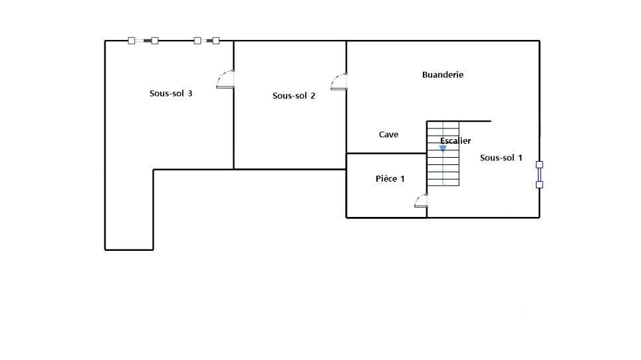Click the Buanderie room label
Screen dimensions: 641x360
pyautogui.click(x=443, y=75)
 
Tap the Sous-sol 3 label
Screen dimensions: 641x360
pyautogui.click(x=171, y=93)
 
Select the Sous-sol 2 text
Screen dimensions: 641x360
pyautogui.click(x=294, y=96)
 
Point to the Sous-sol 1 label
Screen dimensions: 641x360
pyautogui.click(x=501, y=158)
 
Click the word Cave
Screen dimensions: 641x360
pyautogui.click(x=388, y=134)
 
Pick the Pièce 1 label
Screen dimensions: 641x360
pyautogui.click(x=390, y=179)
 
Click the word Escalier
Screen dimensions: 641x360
pyautogui.click(x=455, y=140)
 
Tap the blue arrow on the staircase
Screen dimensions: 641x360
pyautogui.click(x=443, y=148)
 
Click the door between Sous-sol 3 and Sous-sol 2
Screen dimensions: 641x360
pyautogui.click(x=225, y=79)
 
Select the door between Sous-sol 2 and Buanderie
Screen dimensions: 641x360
pyautogui.click(x=339, y=81)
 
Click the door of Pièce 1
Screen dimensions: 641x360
pyautogui.click(x=421, y=200)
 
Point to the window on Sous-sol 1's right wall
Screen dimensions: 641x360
pyautogui.click(x=539, y=175)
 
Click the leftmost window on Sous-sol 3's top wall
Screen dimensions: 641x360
pyautogui.click(x=143, y=41)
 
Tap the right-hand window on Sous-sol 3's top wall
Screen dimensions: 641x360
pyautogui.click(x=206, y=41)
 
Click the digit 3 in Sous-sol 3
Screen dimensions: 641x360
pyautogui.click(x=190, y=93)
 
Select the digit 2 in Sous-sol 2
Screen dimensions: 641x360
pyautogui.click(x=313, y=96)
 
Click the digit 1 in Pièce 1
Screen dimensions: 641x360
pyautogui.click(x=402, y=179)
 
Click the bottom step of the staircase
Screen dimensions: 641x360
pyautogui.click(x=443, y=182)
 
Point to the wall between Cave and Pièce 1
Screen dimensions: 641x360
pyautogui.click(x=386, y=154)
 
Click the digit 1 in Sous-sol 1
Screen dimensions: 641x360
pyautogui.click(x=520, y=158)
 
